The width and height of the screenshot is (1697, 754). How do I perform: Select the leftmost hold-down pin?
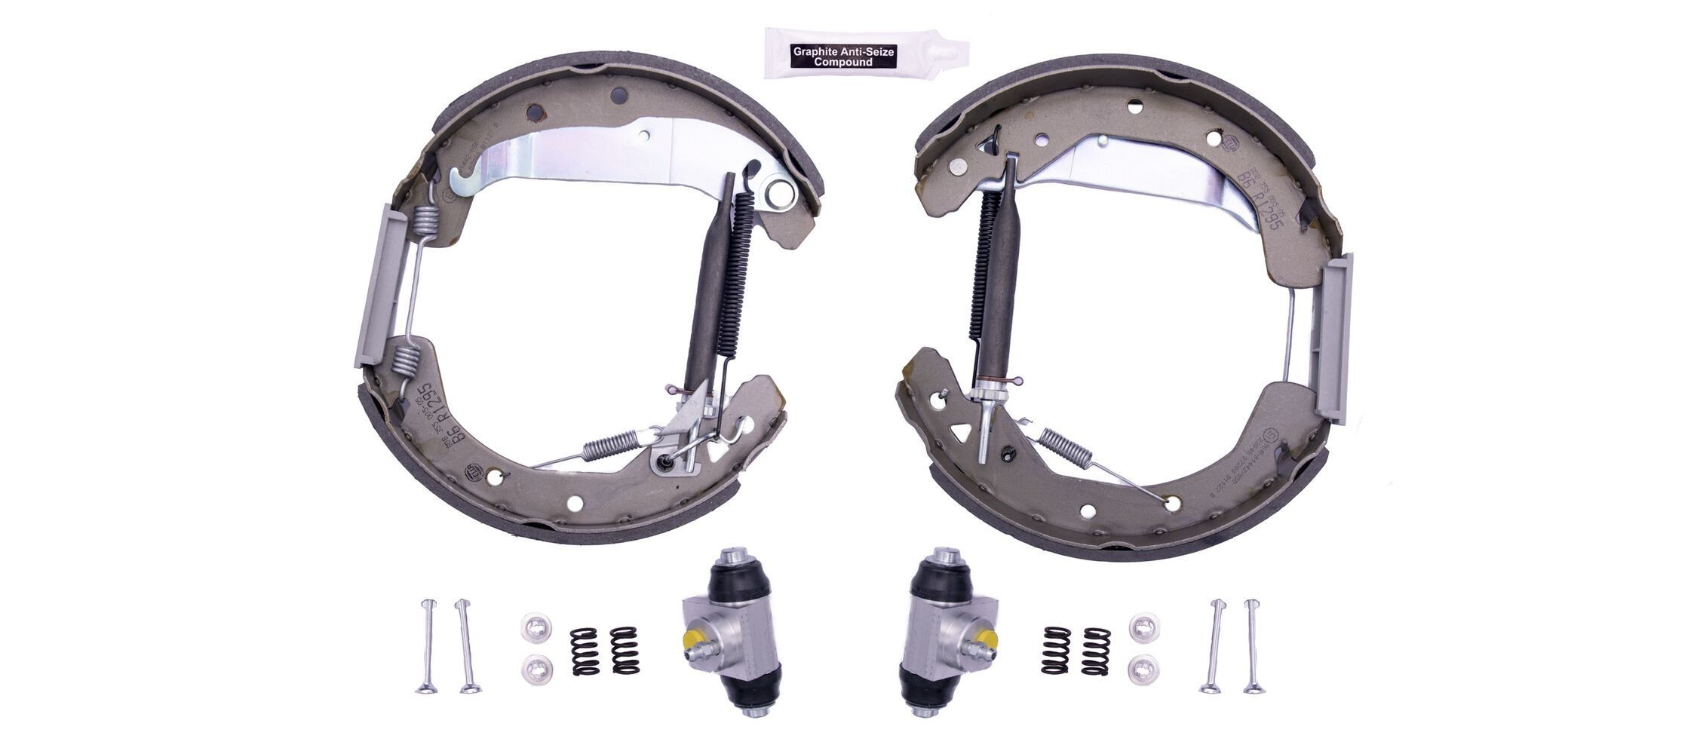click(427, 646)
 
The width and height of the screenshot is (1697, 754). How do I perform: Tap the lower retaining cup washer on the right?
click(1145, 667)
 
